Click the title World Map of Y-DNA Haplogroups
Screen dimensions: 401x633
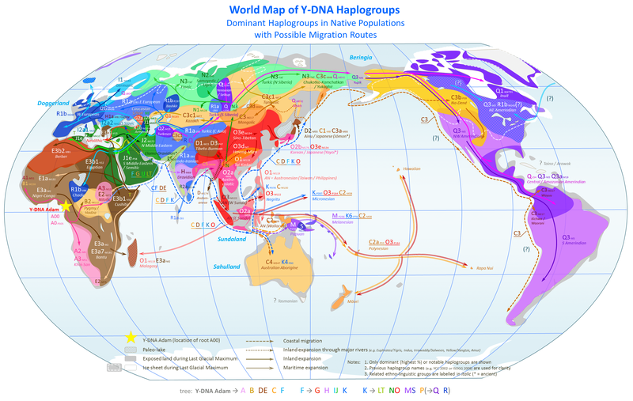[x=316, y=10]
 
